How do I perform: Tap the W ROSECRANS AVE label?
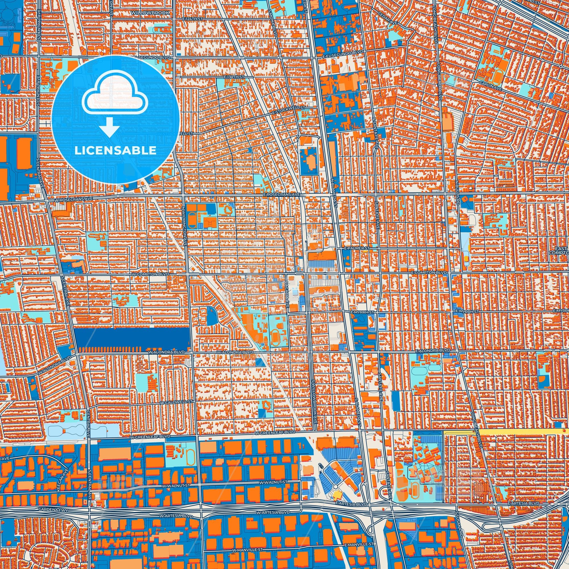[74, 199]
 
